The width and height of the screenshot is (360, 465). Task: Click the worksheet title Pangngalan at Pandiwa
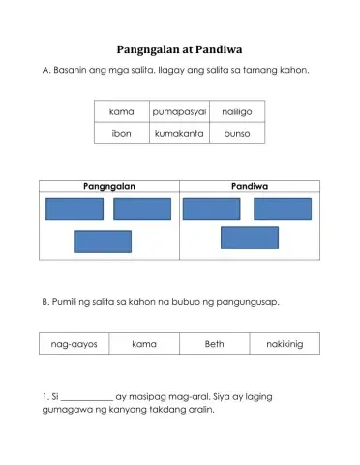[179, 48]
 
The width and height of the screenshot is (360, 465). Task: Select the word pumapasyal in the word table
[179, 112]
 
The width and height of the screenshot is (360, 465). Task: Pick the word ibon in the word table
[122, 134]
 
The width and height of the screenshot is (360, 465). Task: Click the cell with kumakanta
[179, 134]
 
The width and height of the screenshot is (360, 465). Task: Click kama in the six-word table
[122, 112]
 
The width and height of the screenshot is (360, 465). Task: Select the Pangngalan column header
[108, 185]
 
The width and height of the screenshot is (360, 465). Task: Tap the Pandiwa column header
[250, 185]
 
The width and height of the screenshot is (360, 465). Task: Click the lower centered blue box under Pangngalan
[103, 240]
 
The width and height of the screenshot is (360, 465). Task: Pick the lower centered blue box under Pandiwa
[249, 236]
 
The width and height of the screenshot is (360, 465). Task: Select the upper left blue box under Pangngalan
[74, 208]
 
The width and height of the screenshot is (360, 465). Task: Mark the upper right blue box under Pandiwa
[283, 208]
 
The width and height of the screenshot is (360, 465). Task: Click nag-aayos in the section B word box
[74, 344]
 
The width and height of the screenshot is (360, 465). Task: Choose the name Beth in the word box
[214, 344]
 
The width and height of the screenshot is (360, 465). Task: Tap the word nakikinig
[285, 344]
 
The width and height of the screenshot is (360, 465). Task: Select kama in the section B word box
[143, 344]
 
